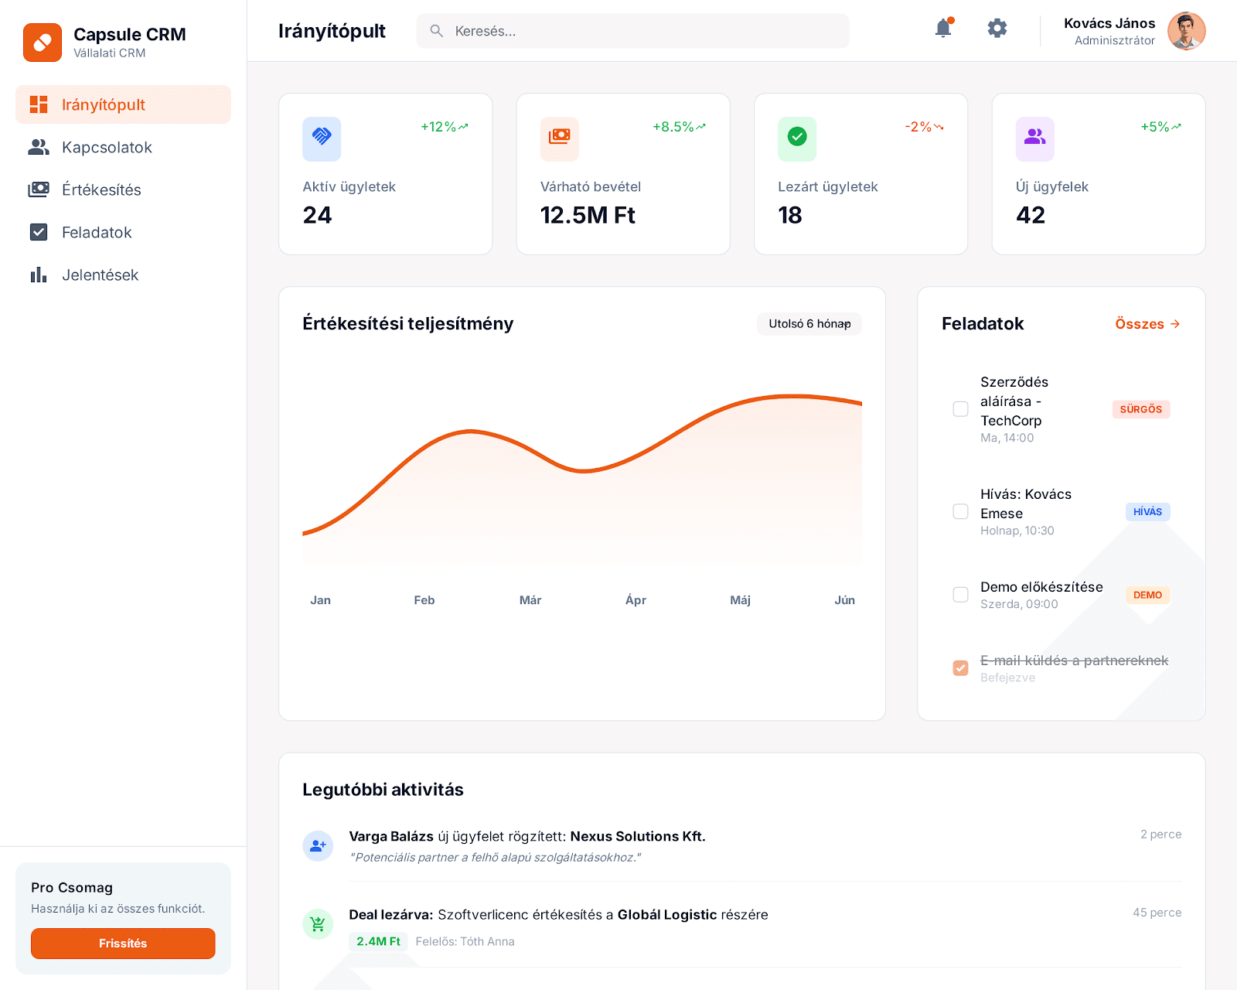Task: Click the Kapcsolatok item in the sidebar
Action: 107,147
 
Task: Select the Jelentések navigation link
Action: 100,275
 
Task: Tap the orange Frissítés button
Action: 123,943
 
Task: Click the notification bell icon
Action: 943,29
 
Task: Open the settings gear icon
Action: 997,29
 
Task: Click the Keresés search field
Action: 632,31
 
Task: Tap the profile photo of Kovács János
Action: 1186,31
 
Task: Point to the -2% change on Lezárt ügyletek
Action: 923,127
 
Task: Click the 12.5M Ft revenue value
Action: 588,215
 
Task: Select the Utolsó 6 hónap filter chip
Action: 809,323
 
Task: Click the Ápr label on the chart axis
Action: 636,600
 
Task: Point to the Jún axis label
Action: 844,600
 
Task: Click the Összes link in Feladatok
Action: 1147,324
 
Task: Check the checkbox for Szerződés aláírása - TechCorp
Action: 960,408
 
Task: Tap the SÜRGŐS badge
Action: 1140,409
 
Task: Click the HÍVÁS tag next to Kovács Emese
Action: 1147,512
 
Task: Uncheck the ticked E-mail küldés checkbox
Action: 960,667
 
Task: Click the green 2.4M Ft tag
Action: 378,941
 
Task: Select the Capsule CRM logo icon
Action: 43,43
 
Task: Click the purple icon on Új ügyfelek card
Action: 1034,138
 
